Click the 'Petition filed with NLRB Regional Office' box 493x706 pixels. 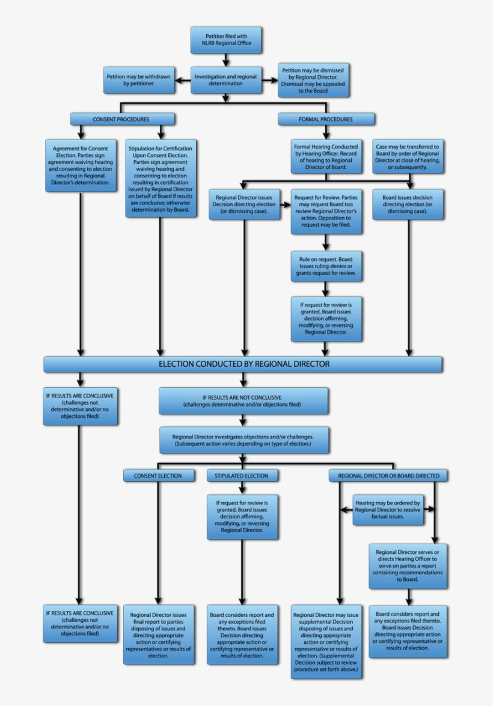click(226, 40)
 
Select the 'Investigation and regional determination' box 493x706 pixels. click(227, 80)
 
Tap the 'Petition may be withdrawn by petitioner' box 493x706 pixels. click(138, 81)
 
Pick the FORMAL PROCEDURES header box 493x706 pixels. click(325, 119)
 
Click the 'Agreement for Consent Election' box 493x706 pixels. click(81, 165)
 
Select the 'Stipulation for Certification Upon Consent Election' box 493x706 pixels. click(161, 179)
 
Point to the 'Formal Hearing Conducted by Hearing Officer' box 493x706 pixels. click(325, 157)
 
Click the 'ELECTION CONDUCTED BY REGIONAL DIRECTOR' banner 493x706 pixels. click(243, 364)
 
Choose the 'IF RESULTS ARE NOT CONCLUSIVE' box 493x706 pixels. click(243, 401)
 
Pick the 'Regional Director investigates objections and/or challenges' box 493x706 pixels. click(243, 440)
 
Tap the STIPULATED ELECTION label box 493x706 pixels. click(242, 476)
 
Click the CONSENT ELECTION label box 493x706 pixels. click(159, 476)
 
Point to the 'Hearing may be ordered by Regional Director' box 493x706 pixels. click(388, 509)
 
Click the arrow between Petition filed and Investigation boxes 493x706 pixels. click(226, 60)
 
